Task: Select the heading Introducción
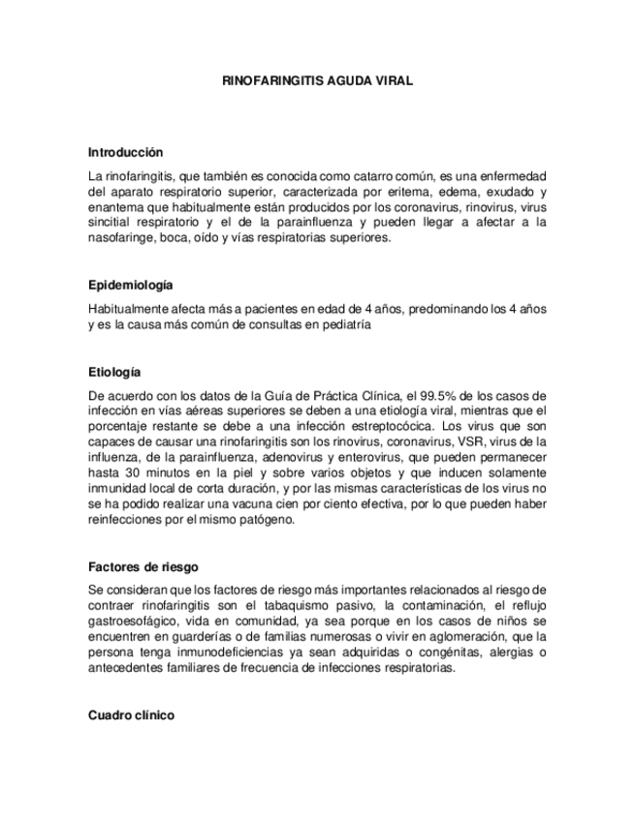pos(125,153)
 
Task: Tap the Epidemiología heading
pos(130,285)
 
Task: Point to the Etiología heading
pos(114,372)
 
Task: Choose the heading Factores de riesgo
pos(143,567)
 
